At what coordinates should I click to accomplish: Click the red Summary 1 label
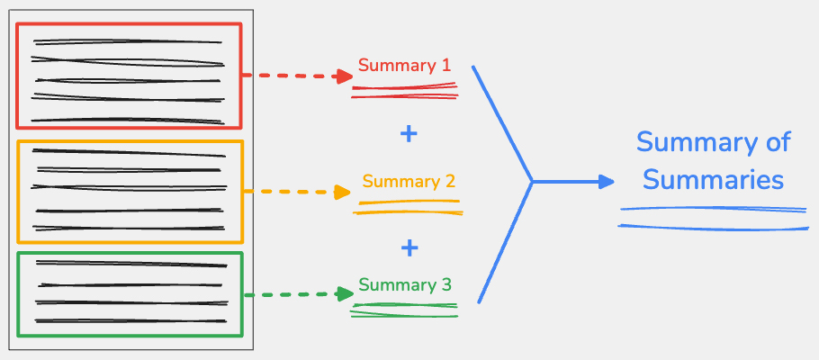(403, 66)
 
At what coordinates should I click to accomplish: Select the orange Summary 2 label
(408, 181)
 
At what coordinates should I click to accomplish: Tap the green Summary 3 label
(404, 286)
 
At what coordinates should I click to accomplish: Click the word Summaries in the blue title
(714, 179)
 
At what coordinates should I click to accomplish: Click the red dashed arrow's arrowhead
(343, 76)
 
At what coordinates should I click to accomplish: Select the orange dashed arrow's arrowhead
(342, 192)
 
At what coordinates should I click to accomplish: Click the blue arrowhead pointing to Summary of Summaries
(607, 181)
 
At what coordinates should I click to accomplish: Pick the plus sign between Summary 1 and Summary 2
(409, 134)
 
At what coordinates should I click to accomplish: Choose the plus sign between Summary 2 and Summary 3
(409, 246)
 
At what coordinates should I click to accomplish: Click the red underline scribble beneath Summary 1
(404, 90)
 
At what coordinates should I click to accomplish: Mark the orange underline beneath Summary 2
(408, 207)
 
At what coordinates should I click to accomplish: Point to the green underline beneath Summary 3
(404, 310)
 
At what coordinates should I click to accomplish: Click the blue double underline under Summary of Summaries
(713, 217)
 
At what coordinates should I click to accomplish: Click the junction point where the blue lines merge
(532, 182)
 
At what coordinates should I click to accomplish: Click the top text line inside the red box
(127, 40)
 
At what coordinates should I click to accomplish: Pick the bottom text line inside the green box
(130, 320)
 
